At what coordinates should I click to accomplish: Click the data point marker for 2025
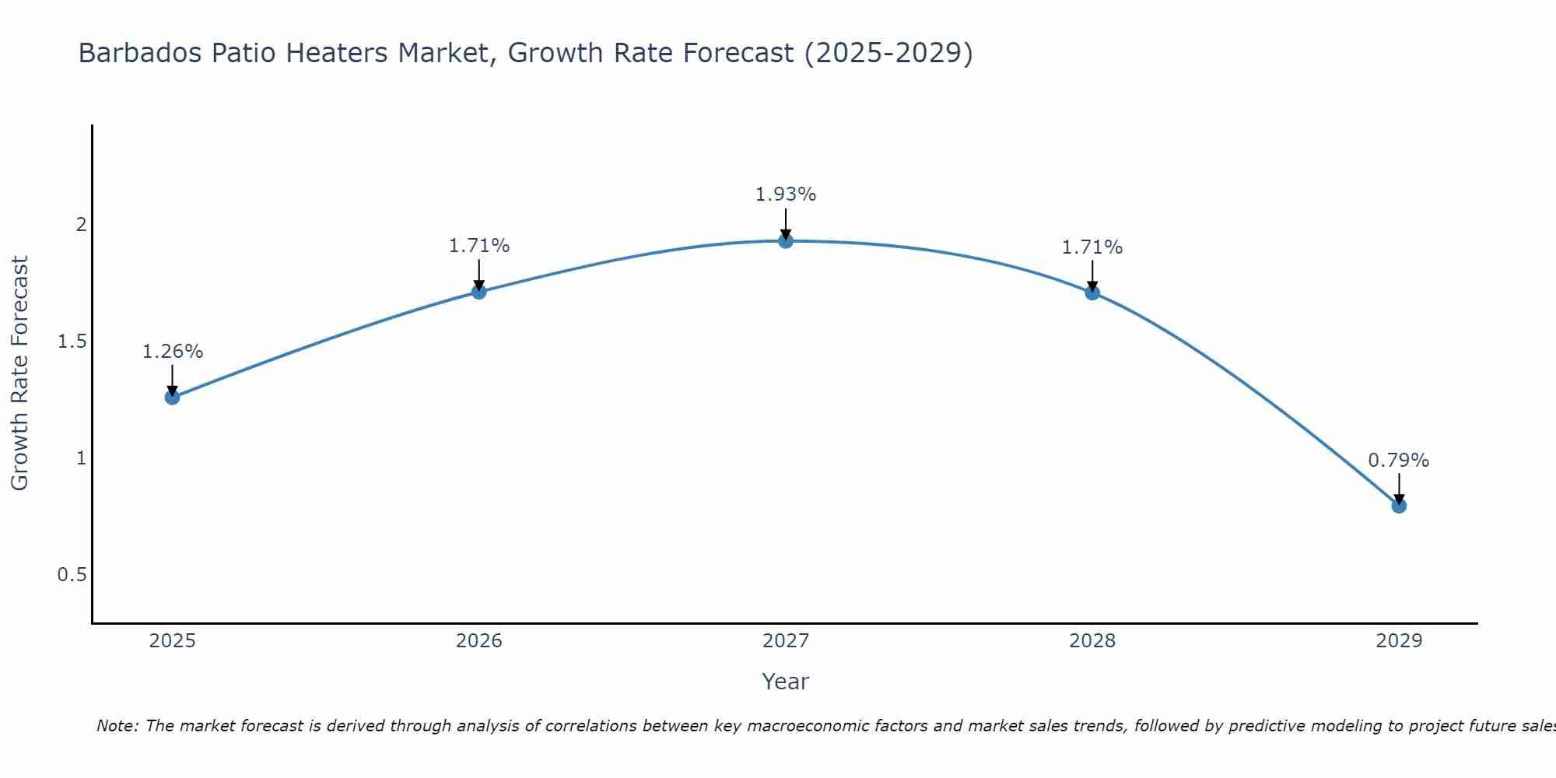pos(172,398)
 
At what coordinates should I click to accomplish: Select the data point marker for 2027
pos(786,241)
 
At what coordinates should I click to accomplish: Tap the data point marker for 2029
pos(1399,506)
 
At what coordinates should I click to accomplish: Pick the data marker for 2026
pos(479,292)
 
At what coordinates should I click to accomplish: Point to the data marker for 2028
pos(1092,293)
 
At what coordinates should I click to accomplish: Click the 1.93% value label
pos(786,194)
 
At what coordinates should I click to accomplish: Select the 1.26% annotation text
pos(172,352)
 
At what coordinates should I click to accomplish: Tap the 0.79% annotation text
pos(1399,461)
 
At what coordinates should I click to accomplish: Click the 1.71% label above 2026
pos(479,246)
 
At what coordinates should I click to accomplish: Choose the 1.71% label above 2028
pos(1092,247)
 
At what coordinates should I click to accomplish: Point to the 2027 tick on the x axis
pos(786,641)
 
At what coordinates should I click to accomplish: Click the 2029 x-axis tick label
pos(1399,641)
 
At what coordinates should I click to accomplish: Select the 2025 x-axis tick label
pos(172,641)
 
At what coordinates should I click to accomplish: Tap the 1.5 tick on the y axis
pos(72,342)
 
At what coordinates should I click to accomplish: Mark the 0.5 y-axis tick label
pos(72,575)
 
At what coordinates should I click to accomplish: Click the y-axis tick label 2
pos(81,225)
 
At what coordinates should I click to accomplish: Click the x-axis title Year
pos(786,682)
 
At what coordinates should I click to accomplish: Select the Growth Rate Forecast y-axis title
pos(19,373)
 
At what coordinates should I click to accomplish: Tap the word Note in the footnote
pos(117,726)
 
